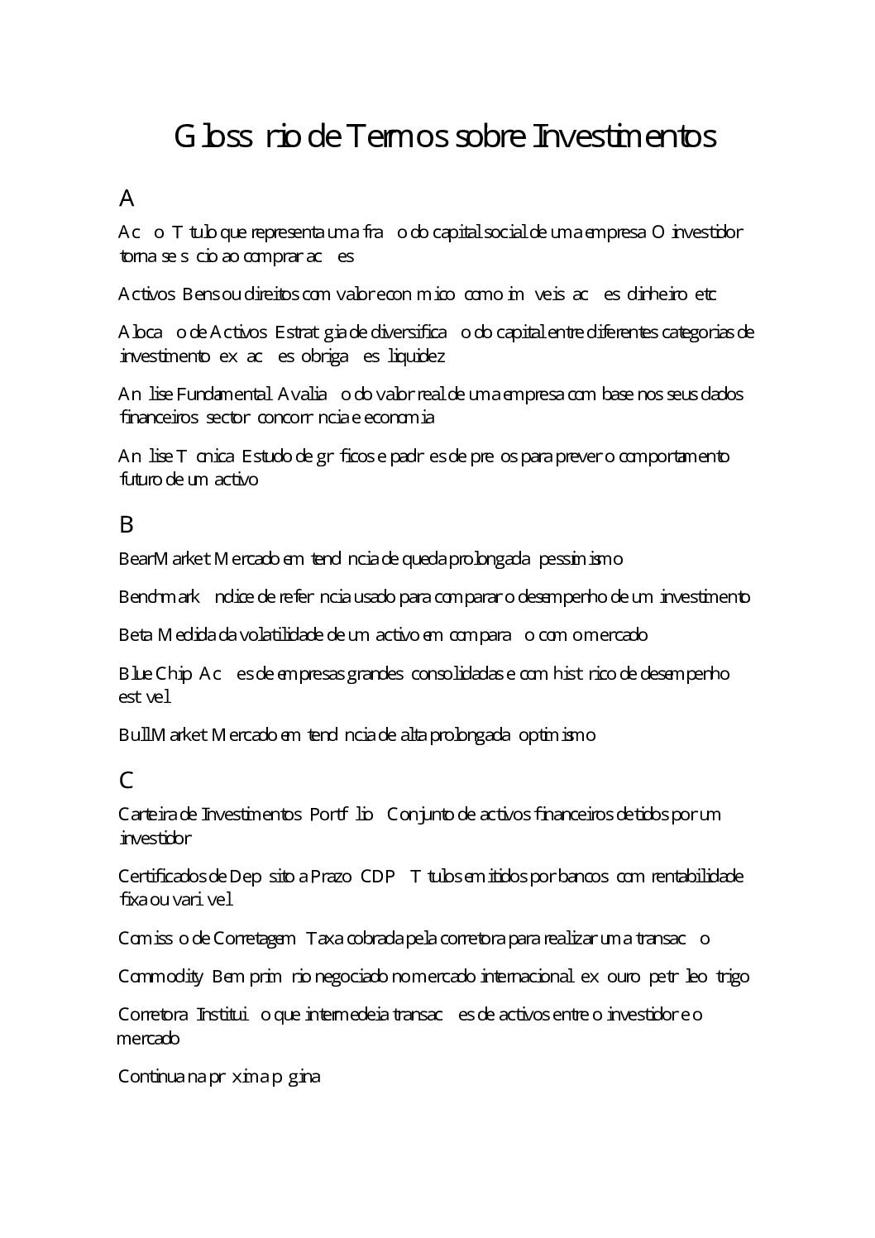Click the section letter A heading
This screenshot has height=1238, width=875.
pyautogui.click(x=127, y=198)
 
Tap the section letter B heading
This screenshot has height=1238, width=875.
pyautogui.click(x=127, y=524)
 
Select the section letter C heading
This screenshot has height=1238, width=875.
pyautogui.click(x=127, y=780)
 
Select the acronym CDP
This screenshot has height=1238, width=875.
pyautogui.click(x=378, y=876)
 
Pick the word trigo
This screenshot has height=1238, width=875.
pyautogui.click(x=732, y=977)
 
